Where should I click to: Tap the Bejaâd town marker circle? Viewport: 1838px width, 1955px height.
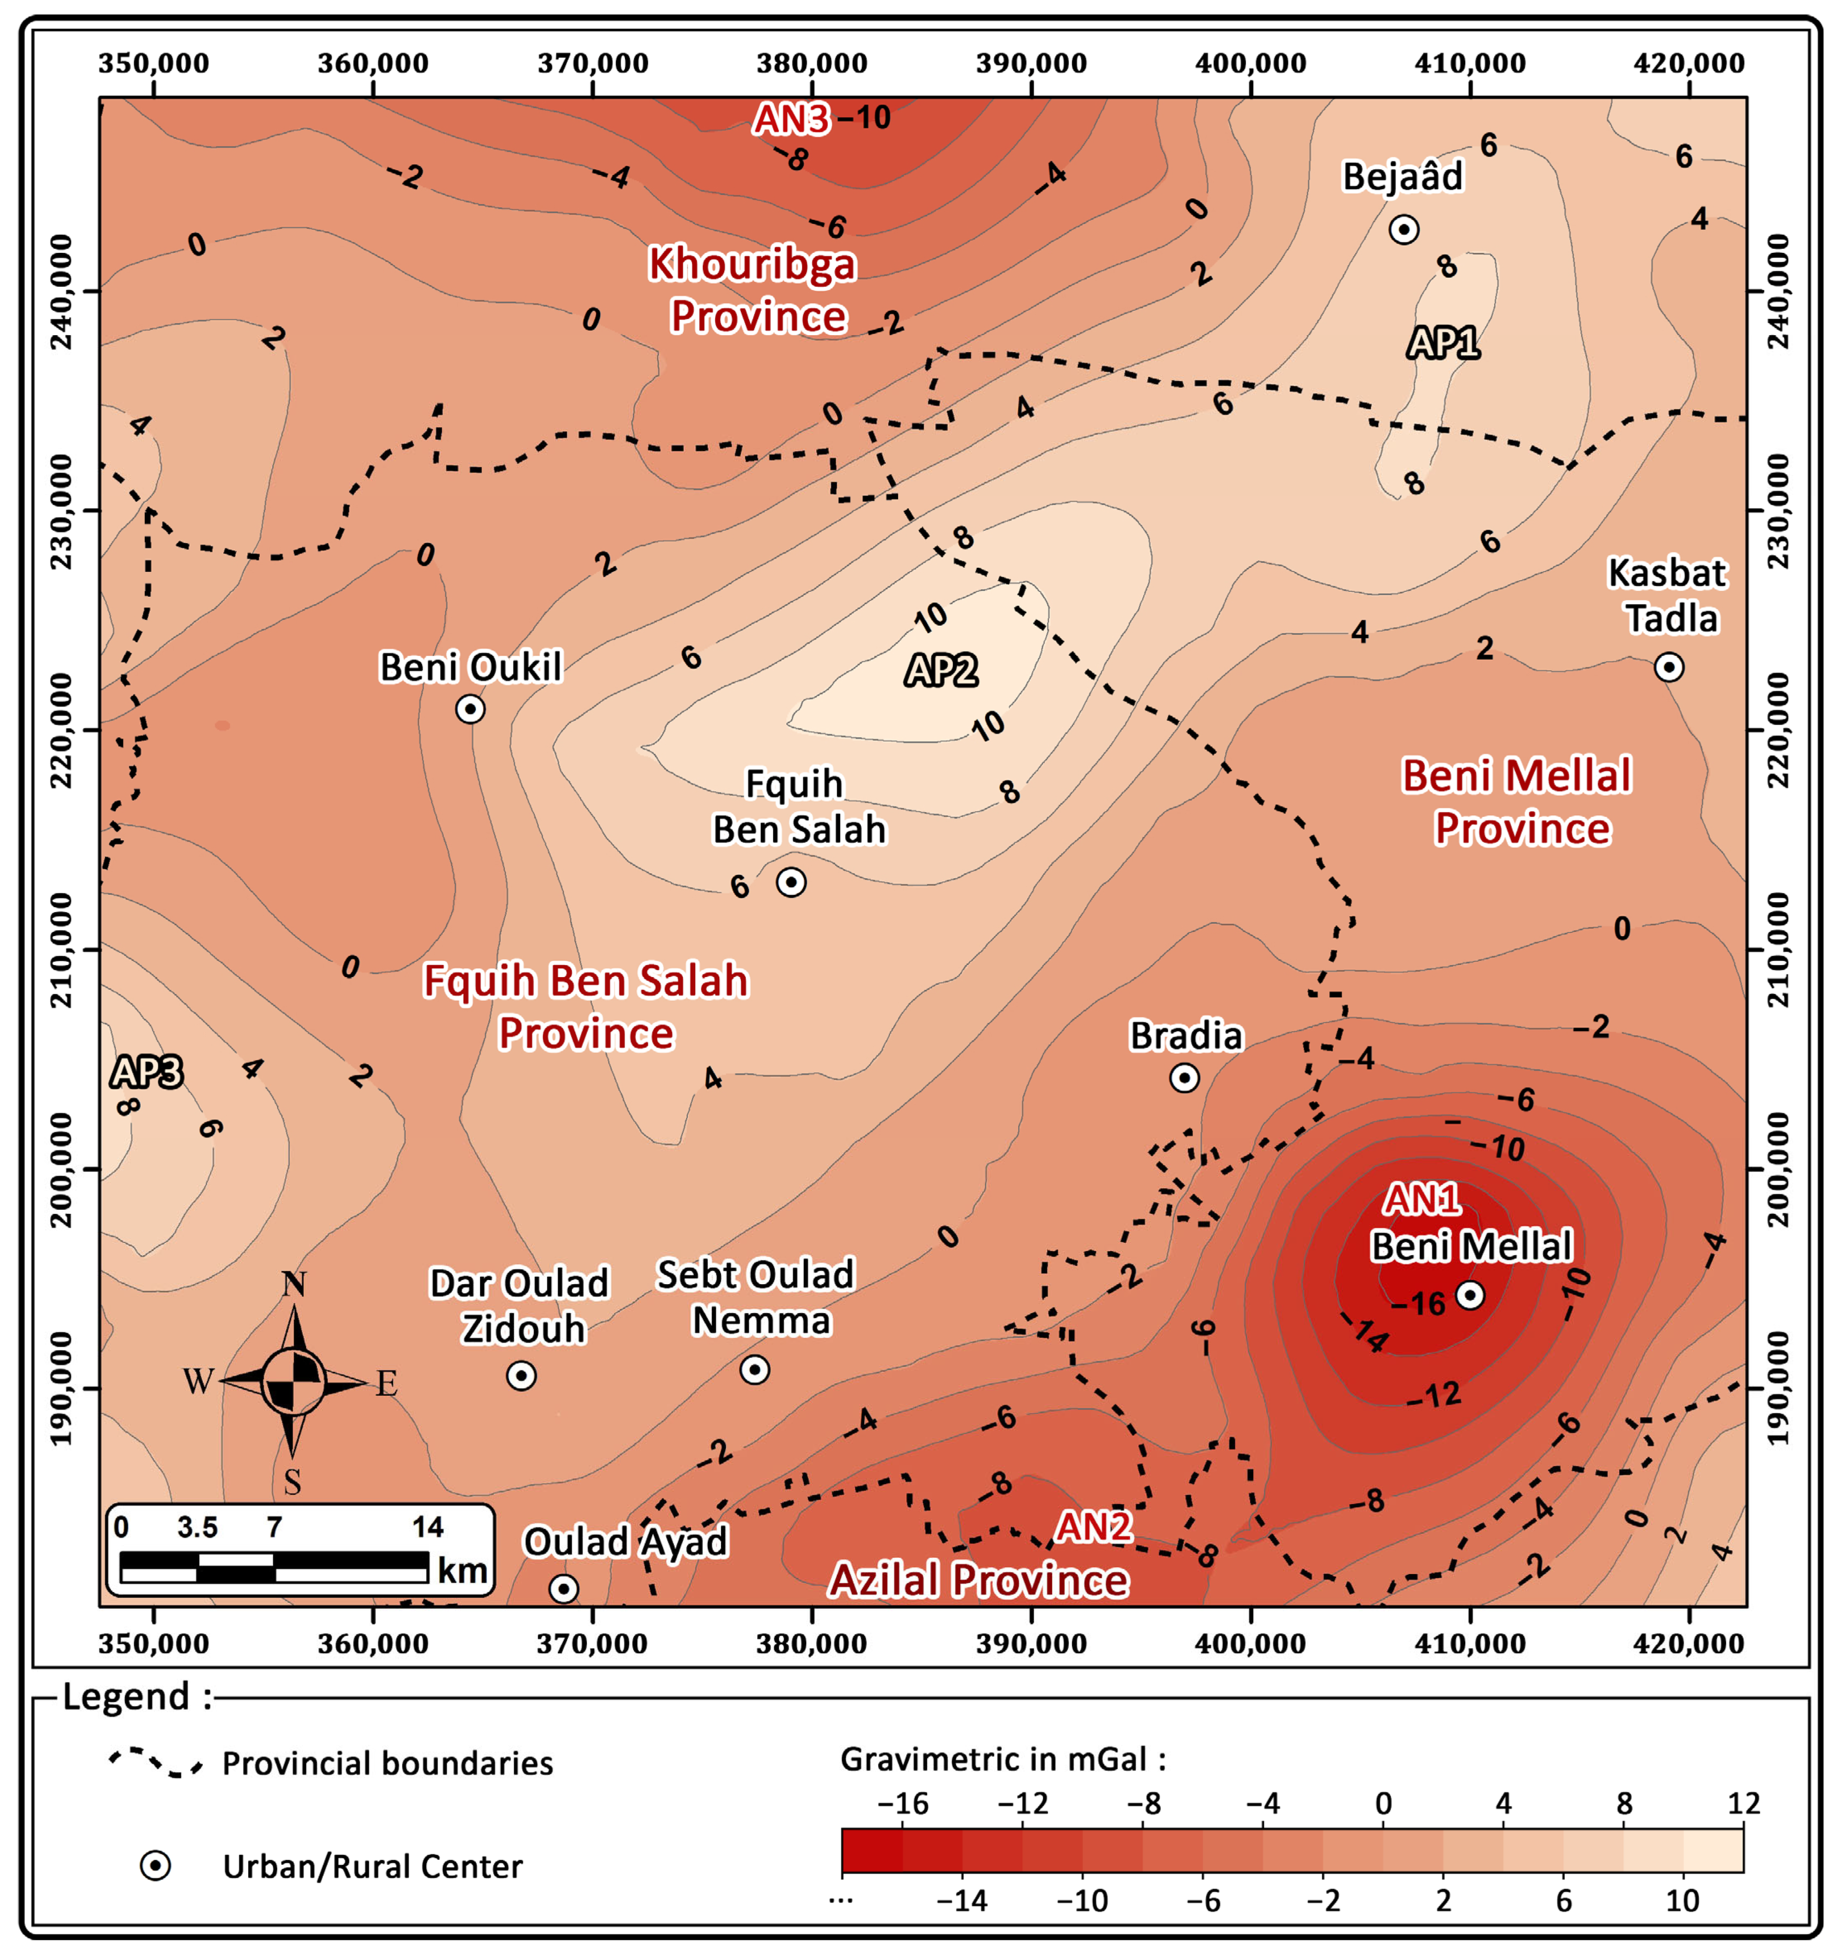click(x=1403, y=229)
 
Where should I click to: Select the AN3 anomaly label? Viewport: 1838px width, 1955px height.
click(x=790, y=119)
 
